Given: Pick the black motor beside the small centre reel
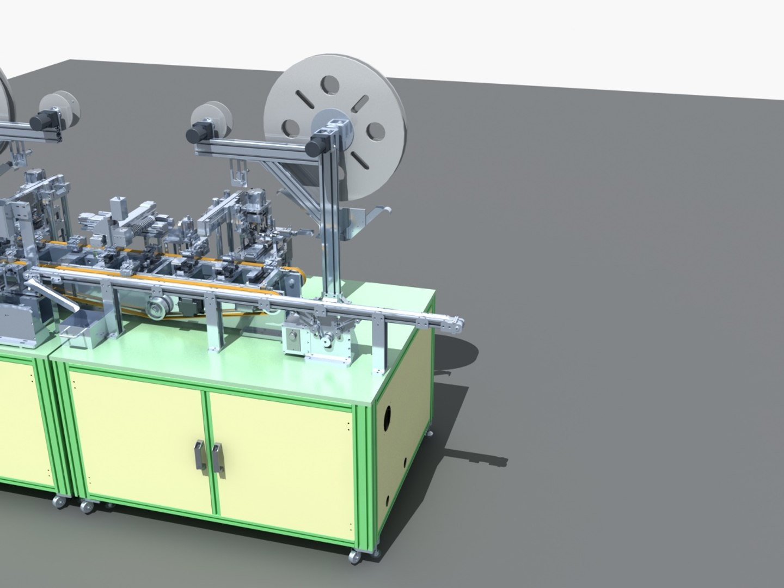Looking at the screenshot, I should [x=194, y=133].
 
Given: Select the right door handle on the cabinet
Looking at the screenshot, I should [x=217, y=456].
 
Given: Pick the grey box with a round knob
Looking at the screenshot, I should [x=292, y=340].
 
